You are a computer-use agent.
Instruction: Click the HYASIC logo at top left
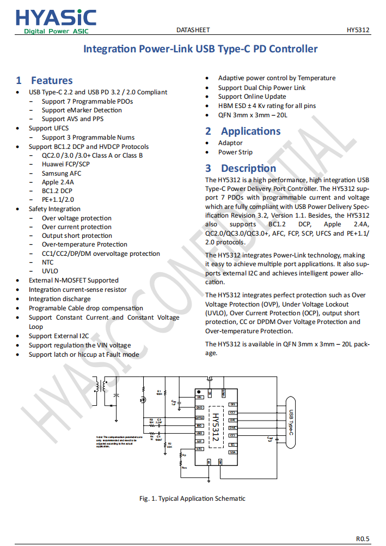56,21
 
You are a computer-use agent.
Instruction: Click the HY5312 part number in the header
358,30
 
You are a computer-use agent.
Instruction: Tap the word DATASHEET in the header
193,30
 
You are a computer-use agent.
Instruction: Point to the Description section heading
248,168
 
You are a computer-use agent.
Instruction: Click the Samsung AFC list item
62,173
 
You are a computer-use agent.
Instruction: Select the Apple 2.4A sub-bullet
58,182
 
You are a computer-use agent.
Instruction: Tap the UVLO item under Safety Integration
50,271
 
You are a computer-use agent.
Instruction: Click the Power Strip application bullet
235,152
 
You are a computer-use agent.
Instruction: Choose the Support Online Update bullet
252,97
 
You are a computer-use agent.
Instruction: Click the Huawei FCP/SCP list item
66,164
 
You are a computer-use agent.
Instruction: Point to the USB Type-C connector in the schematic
291,423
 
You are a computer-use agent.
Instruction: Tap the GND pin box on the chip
200,407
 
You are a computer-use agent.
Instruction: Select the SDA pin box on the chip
232,452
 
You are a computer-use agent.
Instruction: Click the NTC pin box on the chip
200,449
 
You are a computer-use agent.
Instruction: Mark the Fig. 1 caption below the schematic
192,498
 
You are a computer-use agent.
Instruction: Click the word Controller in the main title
294,49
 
